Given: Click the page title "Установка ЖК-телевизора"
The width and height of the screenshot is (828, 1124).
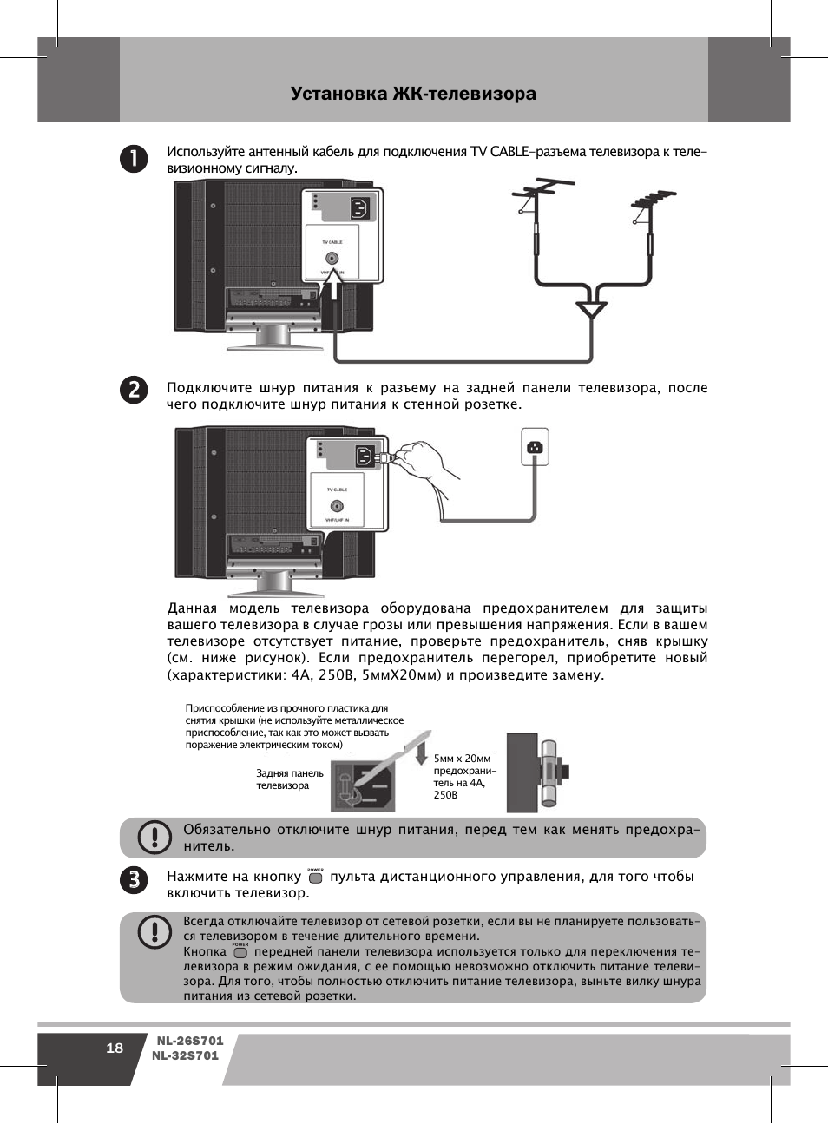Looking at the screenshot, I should [x=413, y=94].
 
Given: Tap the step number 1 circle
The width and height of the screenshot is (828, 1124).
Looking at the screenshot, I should [x=134, y=159].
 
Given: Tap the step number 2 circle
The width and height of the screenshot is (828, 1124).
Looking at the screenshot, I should [x=134, y=389].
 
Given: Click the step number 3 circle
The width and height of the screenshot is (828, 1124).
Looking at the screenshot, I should [x=134, y=879].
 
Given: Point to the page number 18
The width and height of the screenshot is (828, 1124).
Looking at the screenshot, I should [x=115, y=1048].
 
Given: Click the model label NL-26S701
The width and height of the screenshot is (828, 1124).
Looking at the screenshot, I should [x=190, y=1041].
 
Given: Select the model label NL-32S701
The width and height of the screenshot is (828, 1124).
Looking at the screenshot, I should [x=186, y=1055].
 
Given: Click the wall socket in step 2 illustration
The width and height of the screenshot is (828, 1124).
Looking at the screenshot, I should [x=535, y=447].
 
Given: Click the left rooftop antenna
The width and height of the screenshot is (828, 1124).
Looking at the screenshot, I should [x=540, y=195].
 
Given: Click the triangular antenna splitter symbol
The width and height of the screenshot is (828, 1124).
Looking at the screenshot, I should [x=591, y=310].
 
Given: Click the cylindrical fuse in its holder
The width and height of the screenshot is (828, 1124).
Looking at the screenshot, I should [x=549, y=772].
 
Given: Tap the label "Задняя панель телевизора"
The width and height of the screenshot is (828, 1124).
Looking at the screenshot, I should [x=289, y=779].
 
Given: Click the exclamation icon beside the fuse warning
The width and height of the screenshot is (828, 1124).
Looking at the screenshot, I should [x=154, y=837].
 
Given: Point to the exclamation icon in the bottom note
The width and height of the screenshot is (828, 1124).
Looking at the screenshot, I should [x=154, y=932].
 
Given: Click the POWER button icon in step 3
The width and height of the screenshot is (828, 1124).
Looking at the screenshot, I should [x=315, y=878].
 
